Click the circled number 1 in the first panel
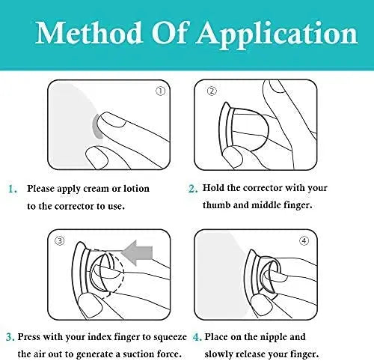(x=160, y=91)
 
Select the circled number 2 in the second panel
(x=212, y=91)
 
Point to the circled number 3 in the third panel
(x=60, y=240)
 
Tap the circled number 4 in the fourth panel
(x=304, y=240)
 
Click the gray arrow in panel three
(x=137, y=252)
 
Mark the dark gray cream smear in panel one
(x=96, y=127)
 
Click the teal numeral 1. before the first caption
(x=13, y=189)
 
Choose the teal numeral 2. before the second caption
(x=193, y=189)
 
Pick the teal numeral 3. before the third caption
(x=10, y=337)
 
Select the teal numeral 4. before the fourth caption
(x=197, y=337)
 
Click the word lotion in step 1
(x=136, y=189)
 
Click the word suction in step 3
(x=138, y=354)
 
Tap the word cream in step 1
(x=96, y=189)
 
